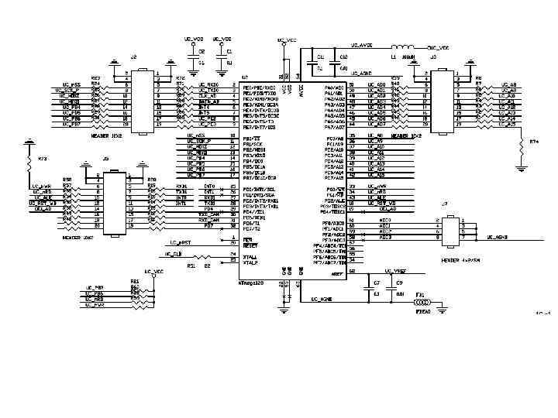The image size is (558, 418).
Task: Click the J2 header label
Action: tap(133, 57)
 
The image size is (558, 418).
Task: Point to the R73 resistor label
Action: tap(43, 159)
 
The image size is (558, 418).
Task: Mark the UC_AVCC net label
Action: tap(362, 46)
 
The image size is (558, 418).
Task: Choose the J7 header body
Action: tap(449, 229)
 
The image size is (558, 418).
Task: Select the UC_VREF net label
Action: tap(396, 271)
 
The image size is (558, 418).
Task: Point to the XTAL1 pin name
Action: tap(250, 257)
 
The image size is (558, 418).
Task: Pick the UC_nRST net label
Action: tap(180, 242)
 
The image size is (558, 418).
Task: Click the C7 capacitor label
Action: tap(377, 284)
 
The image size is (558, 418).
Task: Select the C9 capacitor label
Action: tap(399, 284)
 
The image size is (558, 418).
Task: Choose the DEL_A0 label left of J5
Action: tap(44, 209)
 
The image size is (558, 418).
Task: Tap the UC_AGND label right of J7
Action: tap(497, 237)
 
